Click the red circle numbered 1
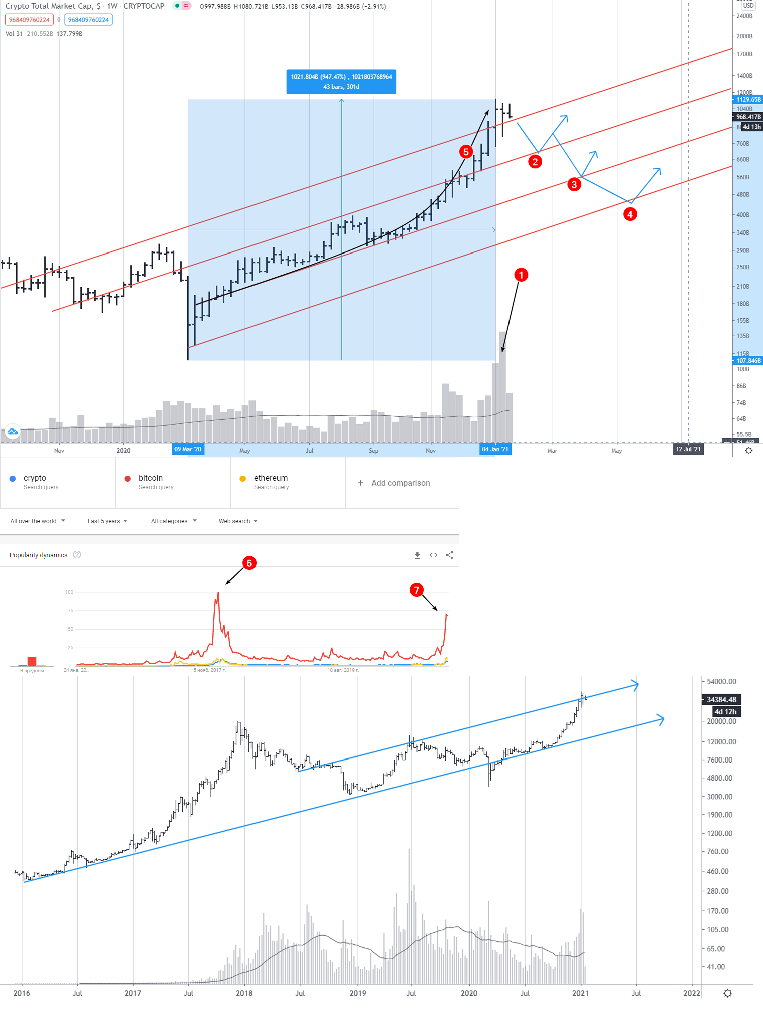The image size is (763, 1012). (521, 275)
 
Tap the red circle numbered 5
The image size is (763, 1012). (466, 152)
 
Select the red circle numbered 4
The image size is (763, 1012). (630, 214)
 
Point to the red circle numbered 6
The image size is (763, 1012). (249, 563)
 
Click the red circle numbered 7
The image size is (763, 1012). (416, 590)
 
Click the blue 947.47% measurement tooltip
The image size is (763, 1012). (341, 81)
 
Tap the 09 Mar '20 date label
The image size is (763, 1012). (188, 449)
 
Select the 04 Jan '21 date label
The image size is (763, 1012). (495, 449)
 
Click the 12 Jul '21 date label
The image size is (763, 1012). (688, 449)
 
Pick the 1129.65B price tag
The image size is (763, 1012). (748, 100)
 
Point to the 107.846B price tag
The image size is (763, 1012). (748, 361)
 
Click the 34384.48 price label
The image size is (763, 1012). (721, 700)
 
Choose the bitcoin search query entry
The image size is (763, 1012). (151, 482)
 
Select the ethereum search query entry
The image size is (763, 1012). (271, 482)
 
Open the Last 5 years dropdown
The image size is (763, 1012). (107, 521)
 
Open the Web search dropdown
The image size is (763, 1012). (238, 521)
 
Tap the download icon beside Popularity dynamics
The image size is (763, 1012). (417, 555)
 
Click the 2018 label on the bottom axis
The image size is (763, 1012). (244, 993)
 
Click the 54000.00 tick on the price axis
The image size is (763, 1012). (721, 682)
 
